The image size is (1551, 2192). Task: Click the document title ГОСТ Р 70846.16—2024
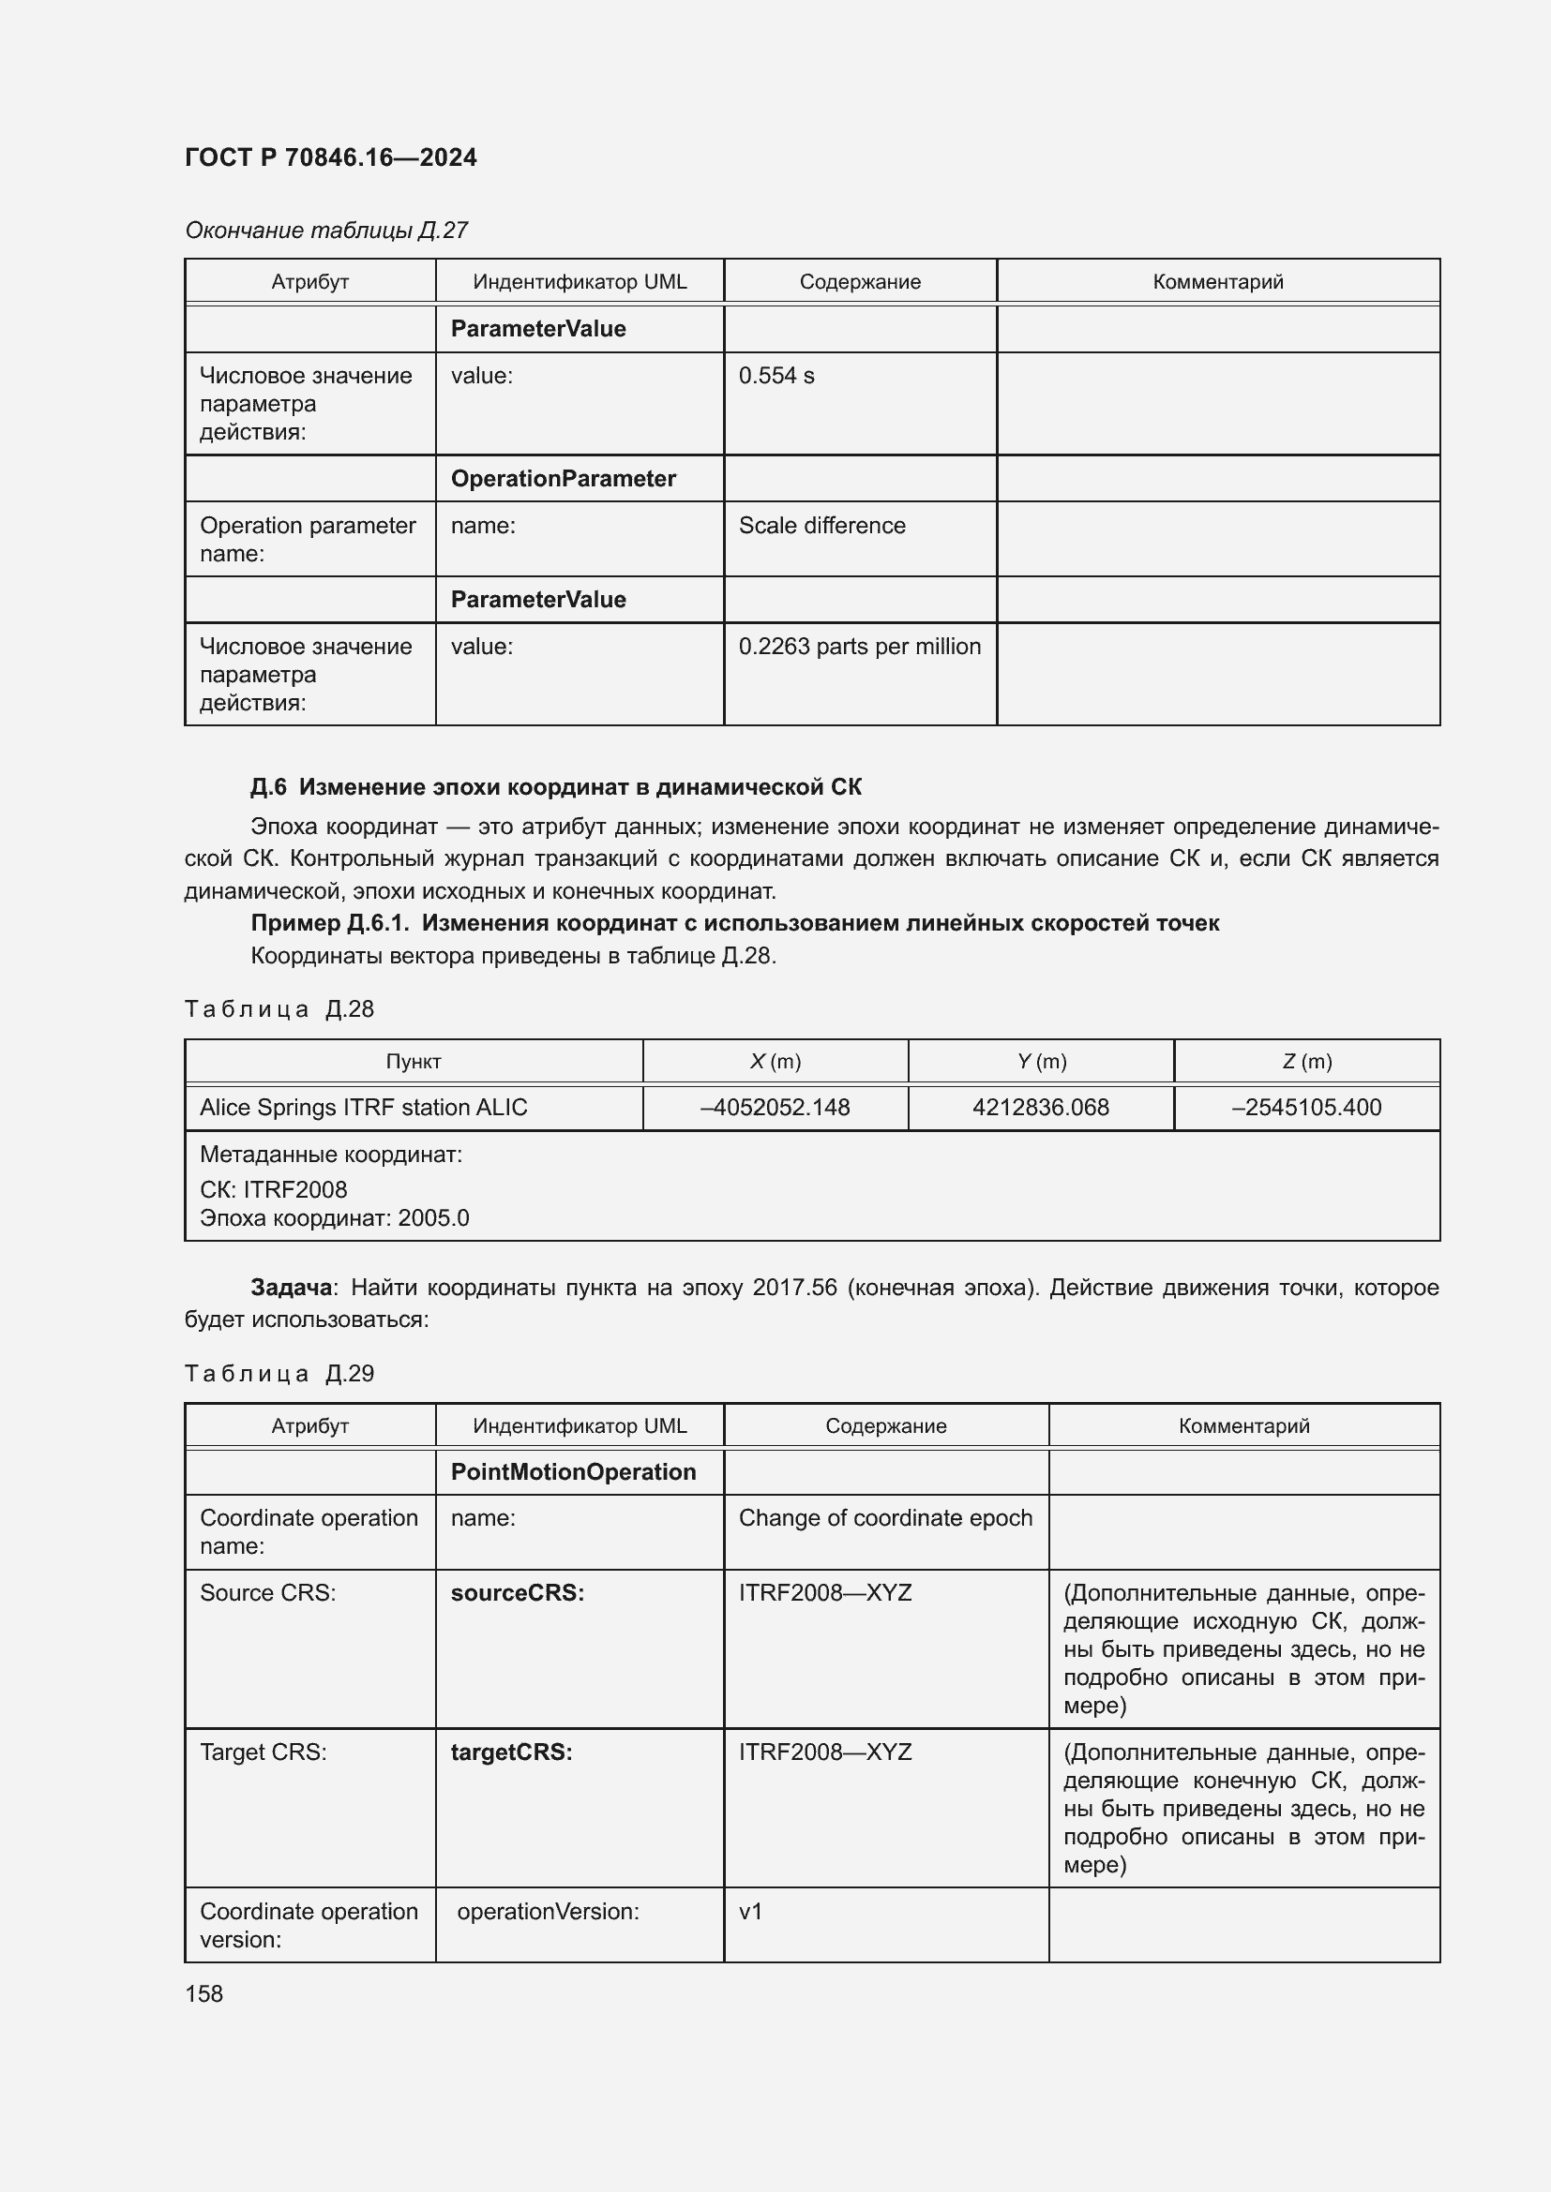pyautogui.click(x=330, y=157)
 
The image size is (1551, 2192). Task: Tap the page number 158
pyautogui.click(x=203, y=1993)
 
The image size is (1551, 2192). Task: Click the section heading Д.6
pyautogui.click(x=555, y=786)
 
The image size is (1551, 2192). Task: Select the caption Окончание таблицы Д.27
pyautogui.click(x=325, y=231)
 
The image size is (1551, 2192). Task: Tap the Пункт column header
pyautogui.click(x=413, y=1061)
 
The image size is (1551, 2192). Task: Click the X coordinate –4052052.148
pyautogui.click(x=775, y=1108)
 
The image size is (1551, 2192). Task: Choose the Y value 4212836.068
pyautogui.click(x=1040, y=1108)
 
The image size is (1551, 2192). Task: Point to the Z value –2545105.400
pyautogui.click(x=1305, y=1108)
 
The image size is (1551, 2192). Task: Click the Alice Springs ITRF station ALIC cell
pyautogui.click(x=363, y=1108)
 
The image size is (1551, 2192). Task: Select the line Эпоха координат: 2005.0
pyautogui.click(x=334, y=1218)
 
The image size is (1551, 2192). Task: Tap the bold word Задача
pyautogui.click(x=291, y=1288)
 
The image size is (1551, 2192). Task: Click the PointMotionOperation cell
pyautogui.click(x=573, y=1471)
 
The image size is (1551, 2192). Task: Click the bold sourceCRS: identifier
pyautogui.click(x=517, y=1592)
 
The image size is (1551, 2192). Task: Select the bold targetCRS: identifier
pyautogui.click(x=511, y=1752)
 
